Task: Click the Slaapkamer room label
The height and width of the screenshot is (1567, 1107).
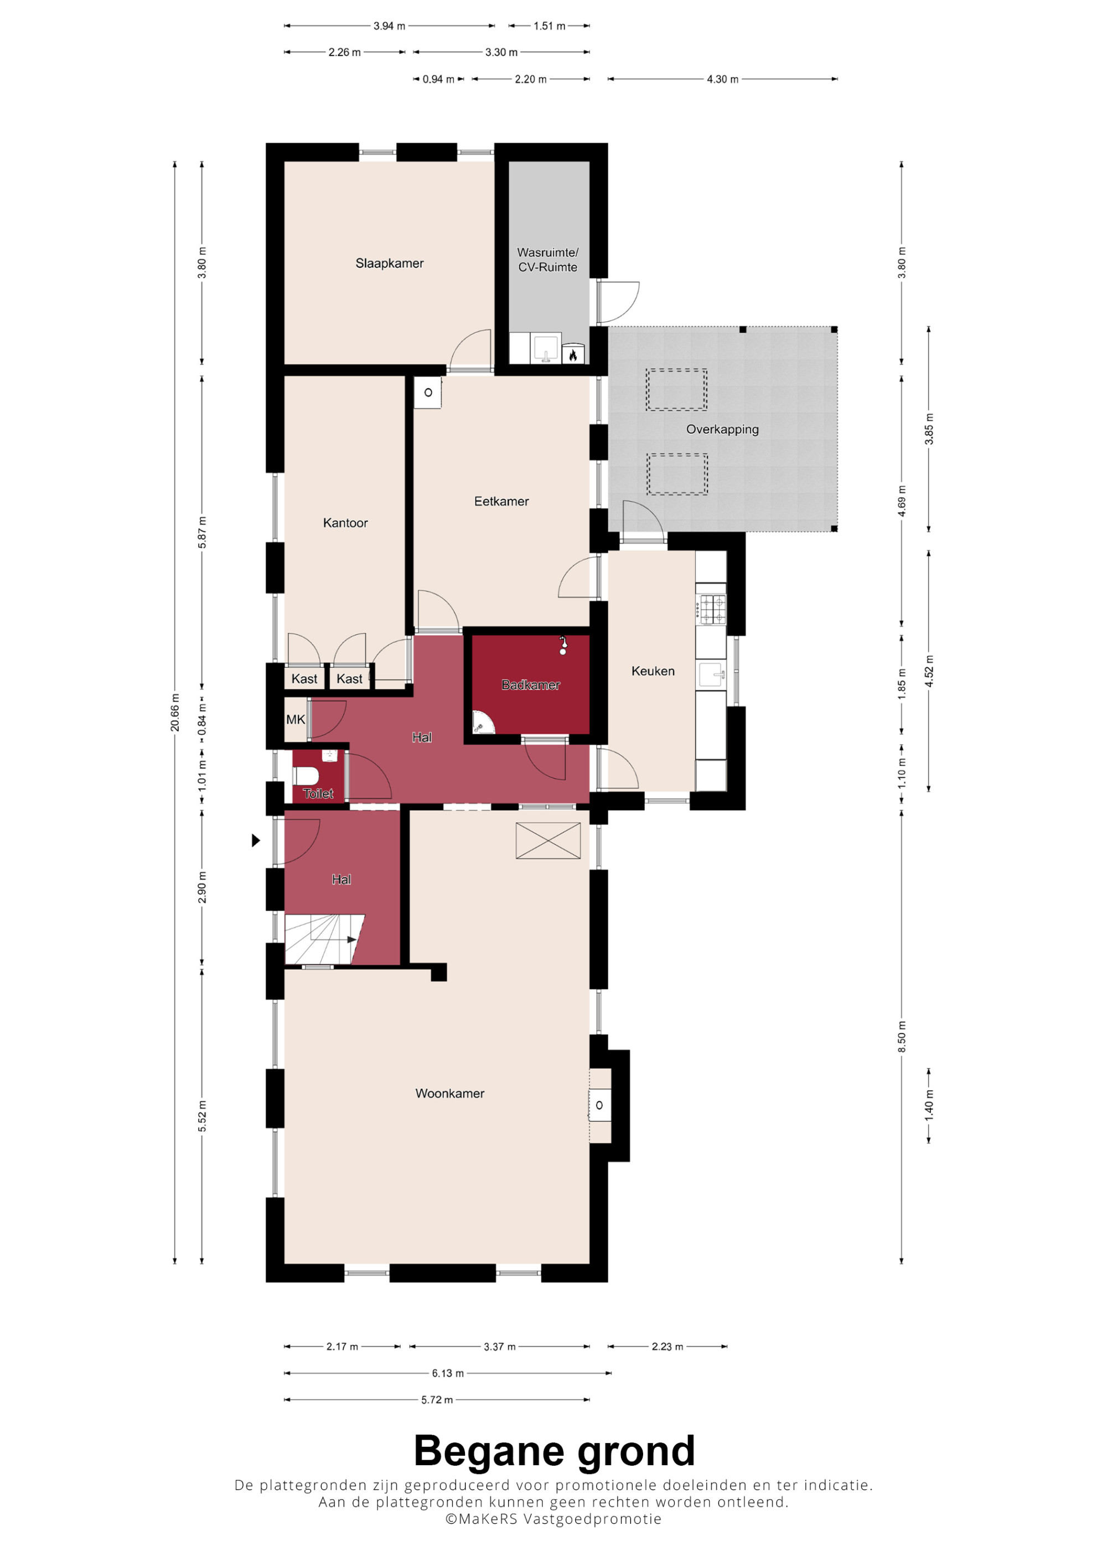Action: coord(390,264)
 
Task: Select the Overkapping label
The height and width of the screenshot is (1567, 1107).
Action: coord(722,429)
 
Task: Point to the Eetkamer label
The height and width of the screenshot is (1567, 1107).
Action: coord(501,502)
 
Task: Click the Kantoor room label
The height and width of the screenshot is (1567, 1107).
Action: coord(345,523)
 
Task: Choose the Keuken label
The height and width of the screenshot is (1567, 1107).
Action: coord(653,671)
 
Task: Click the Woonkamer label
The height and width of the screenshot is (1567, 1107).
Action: coord(449,1094)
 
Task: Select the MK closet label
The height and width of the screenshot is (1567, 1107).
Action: coord(296,719)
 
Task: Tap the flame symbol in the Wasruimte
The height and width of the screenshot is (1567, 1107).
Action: coord(573,354)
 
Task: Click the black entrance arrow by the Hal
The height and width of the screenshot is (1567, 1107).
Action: coord(256,840)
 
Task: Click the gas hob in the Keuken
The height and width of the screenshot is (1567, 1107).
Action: coord(711,609)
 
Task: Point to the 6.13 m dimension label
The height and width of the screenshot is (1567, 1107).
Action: coord(447,1373)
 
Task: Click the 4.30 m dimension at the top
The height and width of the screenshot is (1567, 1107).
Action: coord(722,79)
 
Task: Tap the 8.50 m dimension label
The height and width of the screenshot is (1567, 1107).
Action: coord(902,1037)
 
